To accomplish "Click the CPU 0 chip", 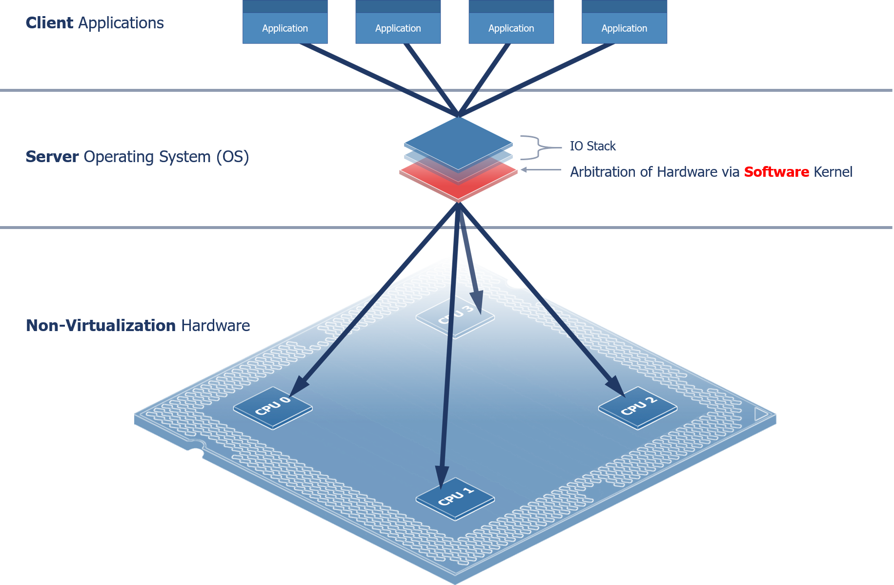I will [273, 408].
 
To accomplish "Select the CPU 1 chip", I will [455, 499].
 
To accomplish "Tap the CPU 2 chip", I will [637, 408].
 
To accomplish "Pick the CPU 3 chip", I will [455, 316].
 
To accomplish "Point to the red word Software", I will [776, 172].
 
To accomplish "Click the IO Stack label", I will [593, 146].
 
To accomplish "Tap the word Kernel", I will [833, 172].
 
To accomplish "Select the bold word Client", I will [49, 23].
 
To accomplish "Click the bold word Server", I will [52, 157].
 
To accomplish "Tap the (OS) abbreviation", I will [233, 157].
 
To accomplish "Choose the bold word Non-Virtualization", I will [101, 325].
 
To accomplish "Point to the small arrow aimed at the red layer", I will [525, 170].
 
